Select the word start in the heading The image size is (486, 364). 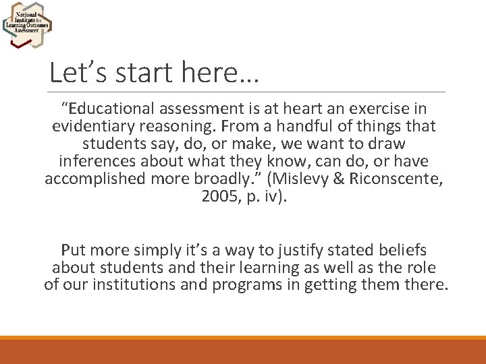point(138,71)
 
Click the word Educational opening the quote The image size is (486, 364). point(107,109)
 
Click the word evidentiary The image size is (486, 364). point(90,127)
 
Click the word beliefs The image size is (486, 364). point(403,250)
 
